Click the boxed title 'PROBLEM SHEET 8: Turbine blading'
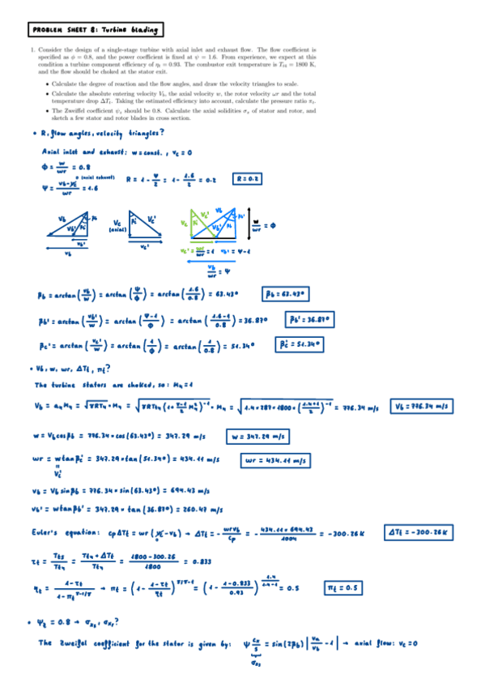[x=95, y=31]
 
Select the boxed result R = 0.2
[x=249, y=178]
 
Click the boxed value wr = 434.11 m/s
[x=277, y=462]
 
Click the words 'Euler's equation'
[x=66, y=532]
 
